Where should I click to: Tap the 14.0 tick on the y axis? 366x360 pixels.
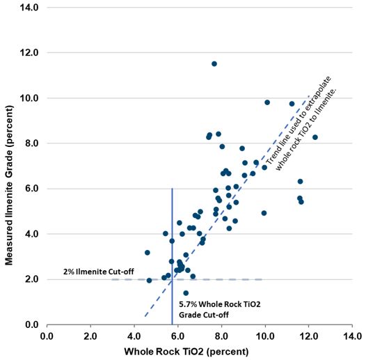(31, 8)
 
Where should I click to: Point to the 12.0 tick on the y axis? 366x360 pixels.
(31, 53)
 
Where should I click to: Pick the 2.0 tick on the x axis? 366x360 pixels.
(90, 336)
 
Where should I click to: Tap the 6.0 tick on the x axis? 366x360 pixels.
(177, 336)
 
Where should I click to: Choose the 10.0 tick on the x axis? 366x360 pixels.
(265, 336)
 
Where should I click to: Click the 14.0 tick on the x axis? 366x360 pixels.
(351, 336)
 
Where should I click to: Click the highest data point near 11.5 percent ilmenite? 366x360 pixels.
(214, 64)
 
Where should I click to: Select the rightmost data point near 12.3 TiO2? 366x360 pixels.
(315, 137)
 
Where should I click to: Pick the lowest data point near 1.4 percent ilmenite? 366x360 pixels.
(186, 293)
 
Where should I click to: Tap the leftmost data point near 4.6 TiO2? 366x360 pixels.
(147, 253)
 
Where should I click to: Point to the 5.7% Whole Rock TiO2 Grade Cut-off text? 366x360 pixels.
(216, 309)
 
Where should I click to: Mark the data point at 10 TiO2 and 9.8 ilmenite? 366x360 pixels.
(267, 102)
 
